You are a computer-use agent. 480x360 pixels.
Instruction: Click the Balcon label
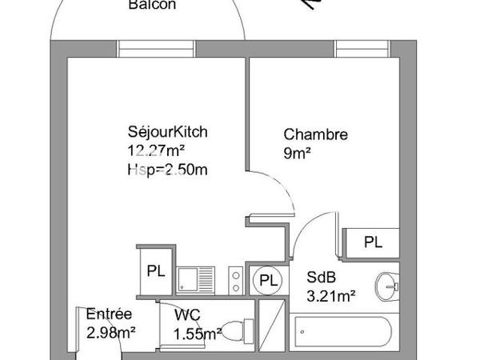[x=152, y=5]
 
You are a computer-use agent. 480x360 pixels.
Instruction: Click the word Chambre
[x=316, y=134]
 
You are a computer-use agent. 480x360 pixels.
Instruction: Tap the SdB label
[x=322, y=278]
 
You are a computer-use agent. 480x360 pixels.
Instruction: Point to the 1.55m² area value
[x=198, y=334]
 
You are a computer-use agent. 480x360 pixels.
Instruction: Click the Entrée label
[x=110, y=314]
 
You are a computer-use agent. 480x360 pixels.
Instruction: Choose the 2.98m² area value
[x=110, y=332]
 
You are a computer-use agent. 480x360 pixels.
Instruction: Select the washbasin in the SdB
[x=387, y=284]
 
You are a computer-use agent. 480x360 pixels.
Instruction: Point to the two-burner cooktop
[x=236, y=280]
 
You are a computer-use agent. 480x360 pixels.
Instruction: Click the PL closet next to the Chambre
[x=372, y=241]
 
